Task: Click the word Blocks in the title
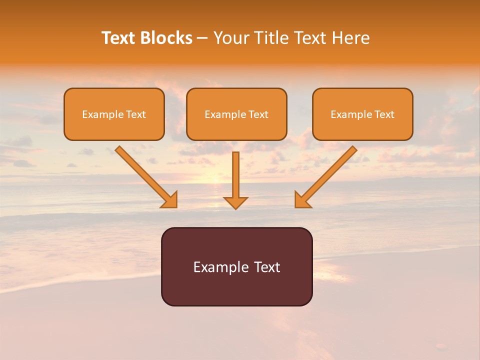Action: tap(166, 38)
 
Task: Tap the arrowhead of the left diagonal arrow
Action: tap(170, 200)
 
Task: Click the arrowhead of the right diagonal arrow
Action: tap(301, 200)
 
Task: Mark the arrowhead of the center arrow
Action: tap(235, 202)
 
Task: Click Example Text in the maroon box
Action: tap(236, 267)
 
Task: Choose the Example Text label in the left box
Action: tap(114, 114)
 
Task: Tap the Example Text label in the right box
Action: tap(362, 114)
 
